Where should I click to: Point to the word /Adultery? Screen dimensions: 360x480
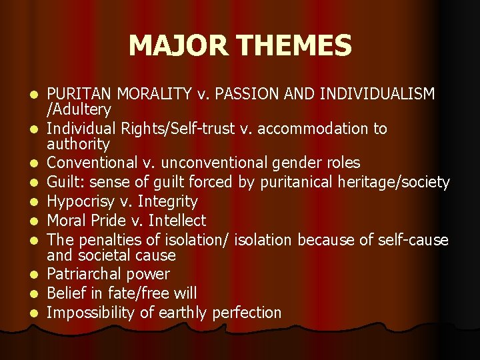pyautogui.click(x=79, y=109)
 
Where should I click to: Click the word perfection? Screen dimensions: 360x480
pyautogui.click(x=247, y=312)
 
